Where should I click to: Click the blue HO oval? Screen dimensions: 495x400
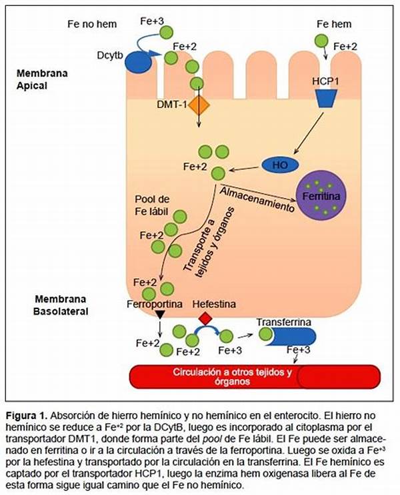coord(275,163)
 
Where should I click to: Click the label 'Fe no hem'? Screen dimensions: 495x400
coord(92,25)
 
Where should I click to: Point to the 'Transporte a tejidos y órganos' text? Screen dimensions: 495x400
coord(208,240)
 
